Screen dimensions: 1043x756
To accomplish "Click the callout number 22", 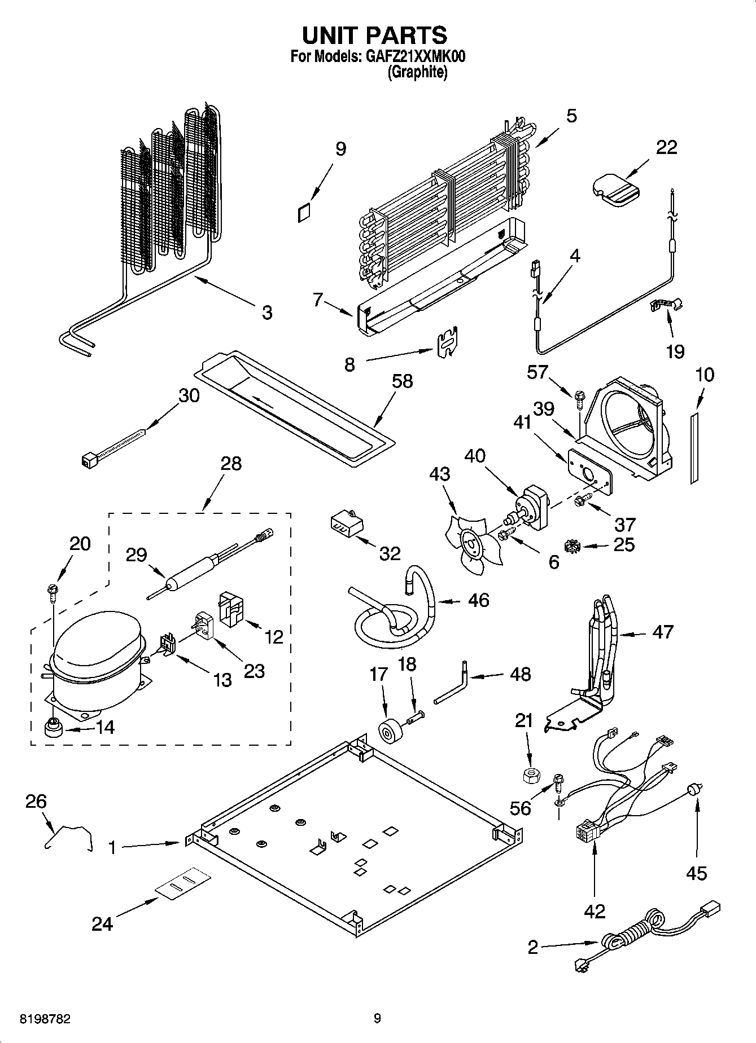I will (x=666, y=148).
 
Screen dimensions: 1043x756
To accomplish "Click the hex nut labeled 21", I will (x=529, y=776).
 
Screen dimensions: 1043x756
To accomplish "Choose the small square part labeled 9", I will (x=304, y=213).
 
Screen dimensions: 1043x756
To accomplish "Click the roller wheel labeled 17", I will (x=389, y=732).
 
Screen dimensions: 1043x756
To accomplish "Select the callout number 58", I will (x=402, y=382).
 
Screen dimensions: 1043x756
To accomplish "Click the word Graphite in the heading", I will (x=417, y=72).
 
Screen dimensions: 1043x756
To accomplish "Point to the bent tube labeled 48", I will (x=452, y=685).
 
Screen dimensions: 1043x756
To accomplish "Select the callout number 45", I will (x=696, y=874).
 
